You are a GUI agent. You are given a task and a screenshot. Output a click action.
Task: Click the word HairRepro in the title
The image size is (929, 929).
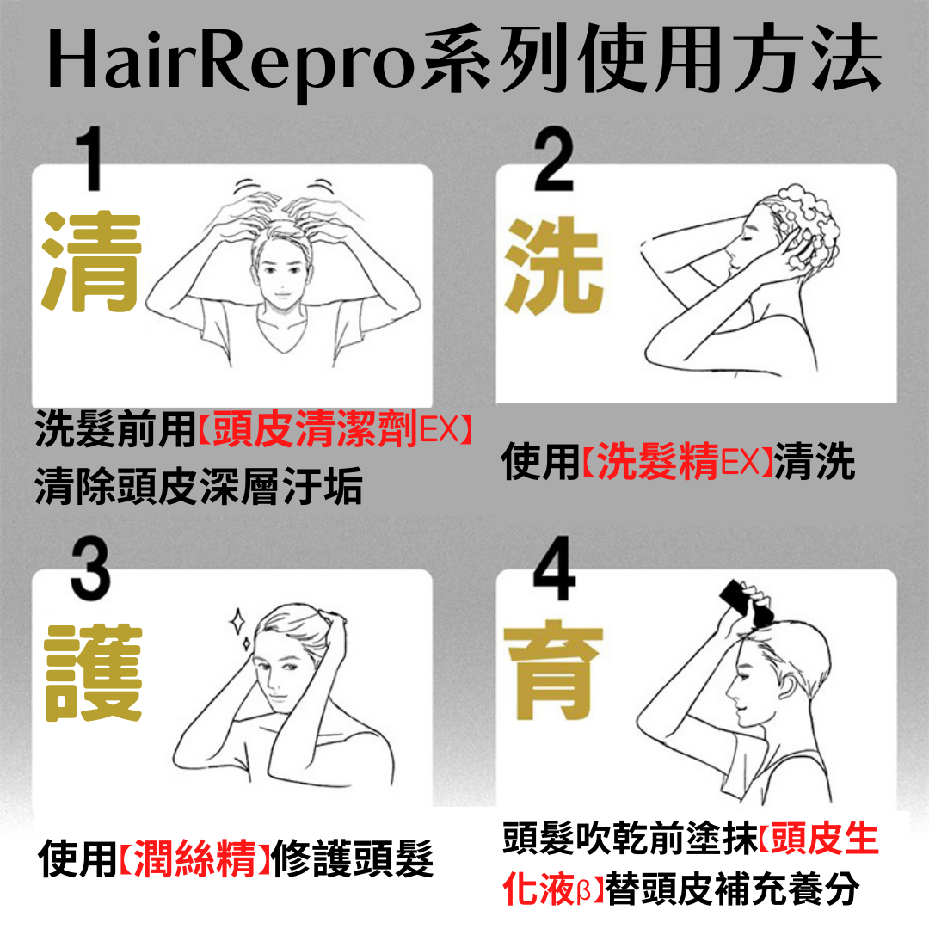pos(231,62)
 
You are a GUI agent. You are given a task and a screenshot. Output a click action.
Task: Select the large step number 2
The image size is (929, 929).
pos(553,159)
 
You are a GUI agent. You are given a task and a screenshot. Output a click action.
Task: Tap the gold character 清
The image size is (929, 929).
pos(91,261)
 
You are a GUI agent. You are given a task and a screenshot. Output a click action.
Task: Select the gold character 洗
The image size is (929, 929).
pos(553,265)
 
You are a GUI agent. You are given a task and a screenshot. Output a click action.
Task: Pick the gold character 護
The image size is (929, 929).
pos(94,673)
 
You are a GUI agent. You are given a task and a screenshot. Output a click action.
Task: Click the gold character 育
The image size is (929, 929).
pos(553,670)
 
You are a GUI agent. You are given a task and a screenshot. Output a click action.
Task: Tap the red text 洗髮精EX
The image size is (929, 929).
pos(678,460)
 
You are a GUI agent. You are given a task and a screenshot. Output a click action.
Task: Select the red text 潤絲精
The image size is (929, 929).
pos(195,858)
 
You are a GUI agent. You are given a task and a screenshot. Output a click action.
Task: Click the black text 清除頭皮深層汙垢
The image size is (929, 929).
pos(199,486)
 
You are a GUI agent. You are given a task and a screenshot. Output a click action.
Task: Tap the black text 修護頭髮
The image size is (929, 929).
pos(352,858)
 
